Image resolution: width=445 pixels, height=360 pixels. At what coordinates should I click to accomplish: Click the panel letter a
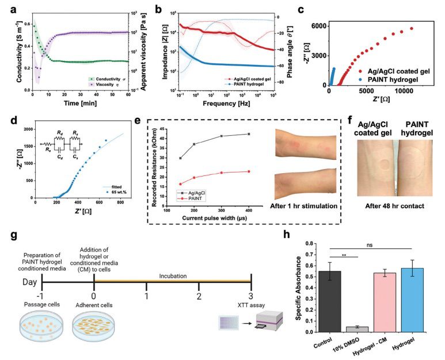5,6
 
